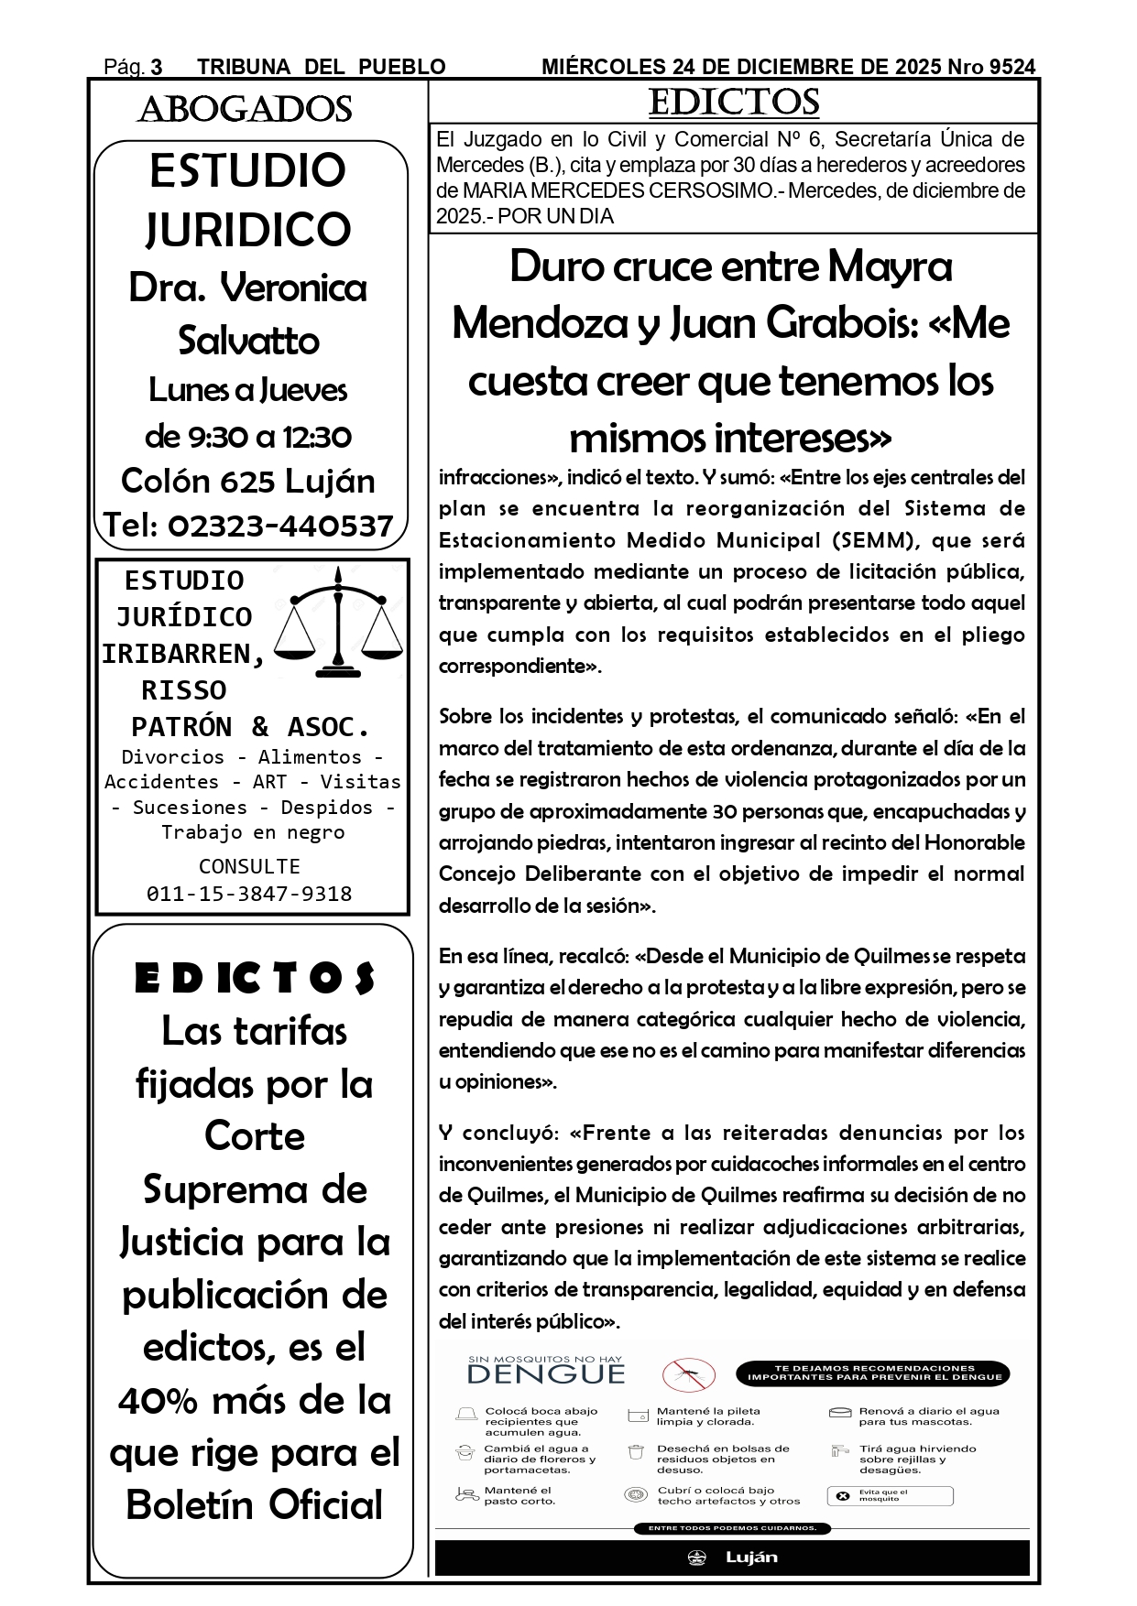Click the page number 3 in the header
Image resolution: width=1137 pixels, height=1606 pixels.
[157, 67]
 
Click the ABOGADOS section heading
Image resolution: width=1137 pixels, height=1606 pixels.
[245, 110]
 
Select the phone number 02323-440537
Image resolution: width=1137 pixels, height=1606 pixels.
[280, 526]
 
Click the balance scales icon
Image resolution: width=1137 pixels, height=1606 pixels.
[339, 622]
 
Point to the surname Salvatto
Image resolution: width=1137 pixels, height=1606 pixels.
[248, 341]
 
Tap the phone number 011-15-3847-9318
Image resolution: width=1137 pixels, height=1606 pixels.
[249, 894]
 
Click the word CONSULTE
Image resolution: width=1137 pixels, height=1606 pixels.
[249, 866]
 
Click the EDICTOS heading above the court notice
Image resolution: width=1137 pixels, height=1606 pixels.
[733, 102]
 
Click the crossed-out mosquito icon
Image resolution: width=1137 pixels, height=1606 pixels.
[689, 1373]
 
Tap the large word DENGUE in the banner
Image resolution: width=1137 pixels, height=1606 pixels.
[546, 1374]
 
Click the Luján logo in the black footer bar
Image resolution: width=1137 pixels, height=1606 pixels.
[733, 1557]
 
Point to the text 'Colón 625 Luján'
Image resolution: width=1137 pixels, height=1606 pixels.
[248, 481]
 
